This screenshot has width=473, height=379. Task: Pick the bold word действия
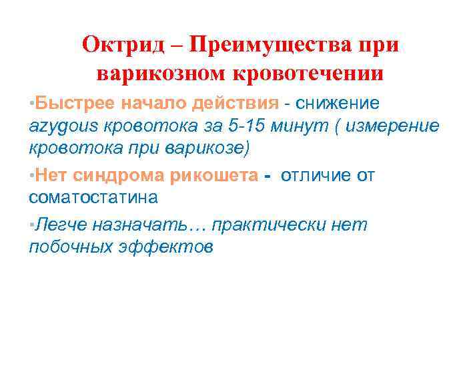point(235,104)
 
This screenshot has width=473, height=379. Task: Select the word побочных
point(73,247)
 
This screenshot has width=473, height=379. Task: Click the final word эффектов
point(167,247)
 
